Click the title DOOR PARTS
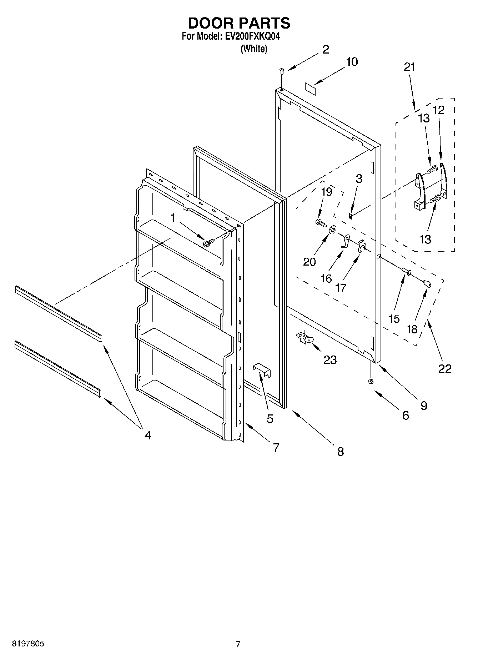[x=239, y=23]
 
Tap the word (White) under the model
[x=253, y=49]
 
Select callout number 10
[x=352, y=62]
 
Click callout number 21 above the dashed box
[x=409, y=67]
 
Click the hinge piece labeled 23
[x=304, y=337]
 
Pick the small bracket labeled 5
[x=262, y=369]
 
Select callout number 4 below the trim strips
[x=147, y=435]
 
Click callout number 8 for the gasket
[x=340, y=452]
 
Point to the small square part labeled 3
[x=351, y=216]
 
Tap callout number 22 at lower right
[x=445, y=368]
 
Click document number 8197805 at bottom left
[x=28, y=644]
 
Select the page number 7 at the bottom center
[x=238, y=644]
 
